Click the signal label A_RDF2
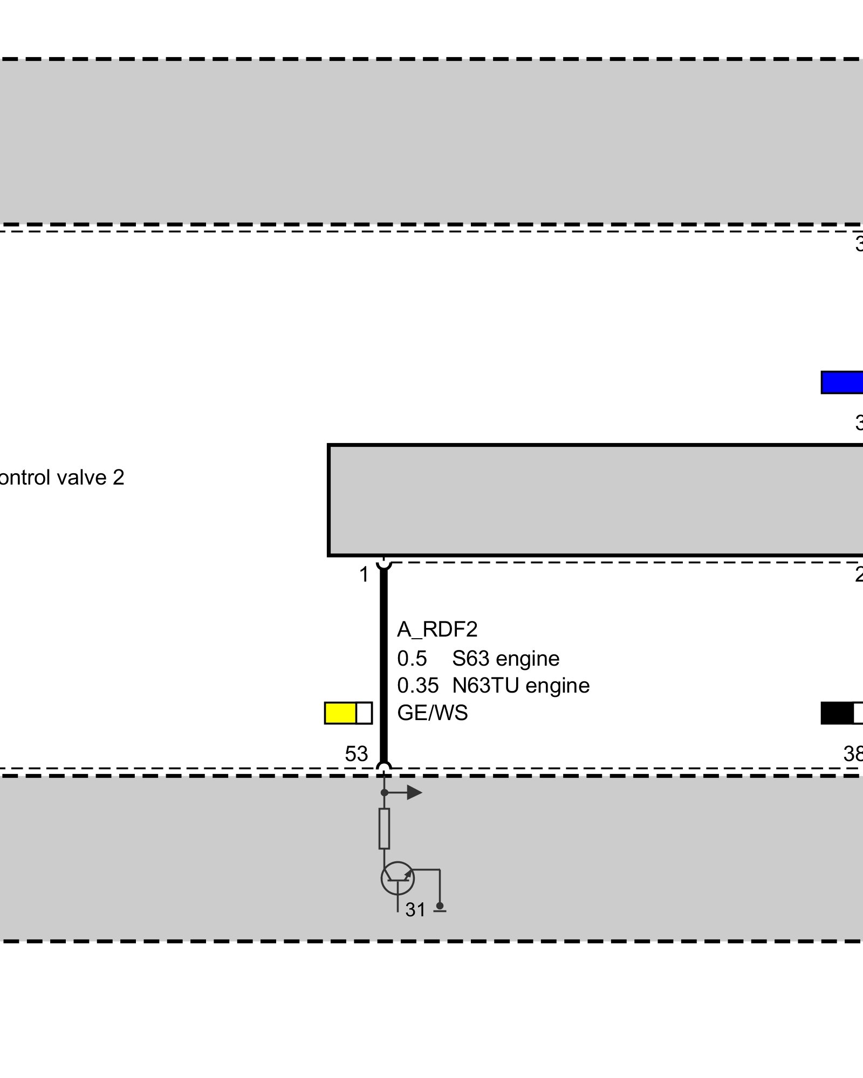437,630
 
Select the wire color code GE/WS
432,713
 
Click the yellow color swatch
340,713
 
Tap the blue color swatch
841,382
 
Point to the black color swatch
837,713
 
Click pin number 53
356,754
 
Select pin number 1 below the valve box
364,575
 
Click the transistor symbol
398,878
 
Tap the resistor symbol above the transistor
384,828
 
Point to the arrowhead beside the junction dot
414,792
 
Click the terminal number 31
415,910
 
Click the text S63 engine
505,659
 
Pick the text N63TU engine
520,686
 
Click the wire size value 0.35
417,686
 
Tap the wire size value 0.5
412,659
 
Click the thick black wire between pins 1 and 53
383,663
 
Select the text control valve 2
62,478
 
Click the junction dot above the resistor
384,792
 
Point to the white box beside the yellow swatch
364,713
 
